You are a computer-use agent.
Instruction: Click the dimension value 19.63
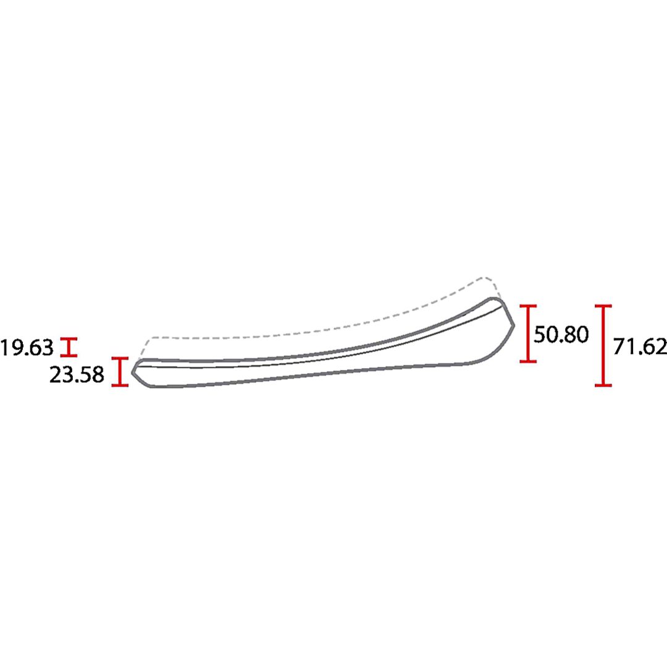point(27,348)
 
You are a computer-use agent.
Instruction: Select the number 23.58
point(77,375)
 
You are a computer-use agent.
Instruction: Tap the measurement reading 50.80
point(561,334)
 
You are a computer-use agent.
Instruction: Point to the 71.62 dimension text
point(640,346)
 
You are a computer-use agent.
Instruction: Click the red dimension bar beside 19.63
point(69,347)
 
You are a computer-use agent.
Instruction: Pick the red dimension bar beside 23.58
point(120,372)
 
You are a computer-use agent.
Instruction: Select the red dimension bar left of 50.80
point(528,334)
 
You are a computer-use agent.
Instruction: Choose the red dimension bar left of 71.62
point(603,346)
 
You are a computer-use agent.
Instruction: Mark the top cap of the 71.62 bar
point(603,306)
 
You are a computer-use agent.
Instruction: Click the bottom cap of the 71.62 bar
point(603,385)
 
